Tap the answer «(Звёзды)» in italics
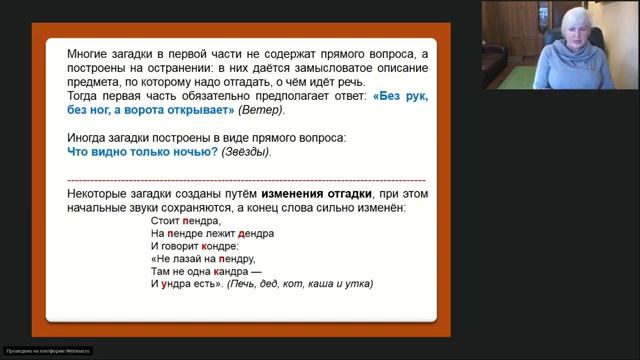pyautogui.click(x=246, y=151)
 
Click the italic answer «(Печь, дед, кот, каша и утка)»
pyautogui.click(x=300, y=284)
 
